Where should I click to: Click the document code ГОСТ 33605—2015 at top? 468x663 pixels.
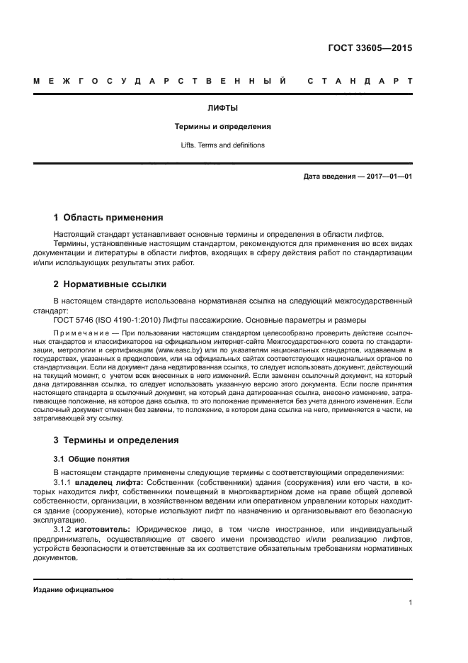370,49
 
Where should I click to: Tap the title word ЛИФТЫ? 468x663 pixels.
223,108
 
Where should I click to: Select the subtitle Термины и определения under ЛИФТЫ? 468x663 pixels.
223,127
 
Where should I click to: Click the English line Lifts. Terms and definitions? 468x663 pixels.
223,145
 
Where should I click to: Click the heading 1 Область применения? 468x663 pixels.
108,218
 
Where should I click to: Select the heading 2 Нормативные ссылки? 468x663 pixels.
110,284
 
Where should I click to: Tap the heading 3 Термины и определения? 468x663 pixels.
116,440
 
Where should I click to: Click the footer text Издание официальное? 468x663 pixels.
73,589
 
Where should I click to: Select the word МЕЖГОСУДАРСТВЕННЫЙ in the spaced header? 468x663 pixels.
159,82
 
